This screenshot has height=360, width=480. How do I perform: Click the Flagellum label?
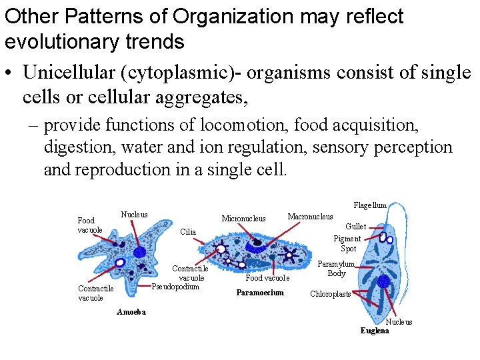coord(370,205)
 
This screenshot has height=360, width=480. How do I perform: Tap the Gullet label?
coord(355,227)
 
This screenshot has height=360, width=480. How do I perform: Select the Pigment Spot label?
coord(347,243)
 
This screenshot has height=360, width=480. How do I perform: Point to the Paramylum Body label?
coord(336,269)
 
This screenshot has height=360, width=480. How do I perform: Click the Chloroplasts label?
coord(331,294)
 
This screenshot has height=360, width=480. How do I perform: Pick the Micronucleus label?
coord(243,219)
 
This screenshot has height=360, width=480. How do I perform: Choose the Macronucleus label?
coord(310,216)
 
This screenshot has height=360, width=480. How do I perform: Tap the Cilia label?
coord(188,232)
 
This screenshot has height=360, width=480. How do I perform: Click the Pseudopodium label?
coord(176,287)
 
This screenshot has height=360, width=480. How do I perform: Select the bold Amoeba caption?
coord(131,312)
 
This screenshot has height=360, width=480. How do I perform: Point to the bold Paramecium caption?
coord(260,293)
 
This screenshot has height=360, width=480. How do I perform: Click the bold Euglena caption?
coord(375,331)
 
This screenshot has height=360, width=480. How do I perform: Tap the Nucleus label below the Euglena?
coord(399,322)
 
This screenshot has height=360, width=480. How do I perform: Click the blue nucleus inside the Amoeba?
coord(139,252)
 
